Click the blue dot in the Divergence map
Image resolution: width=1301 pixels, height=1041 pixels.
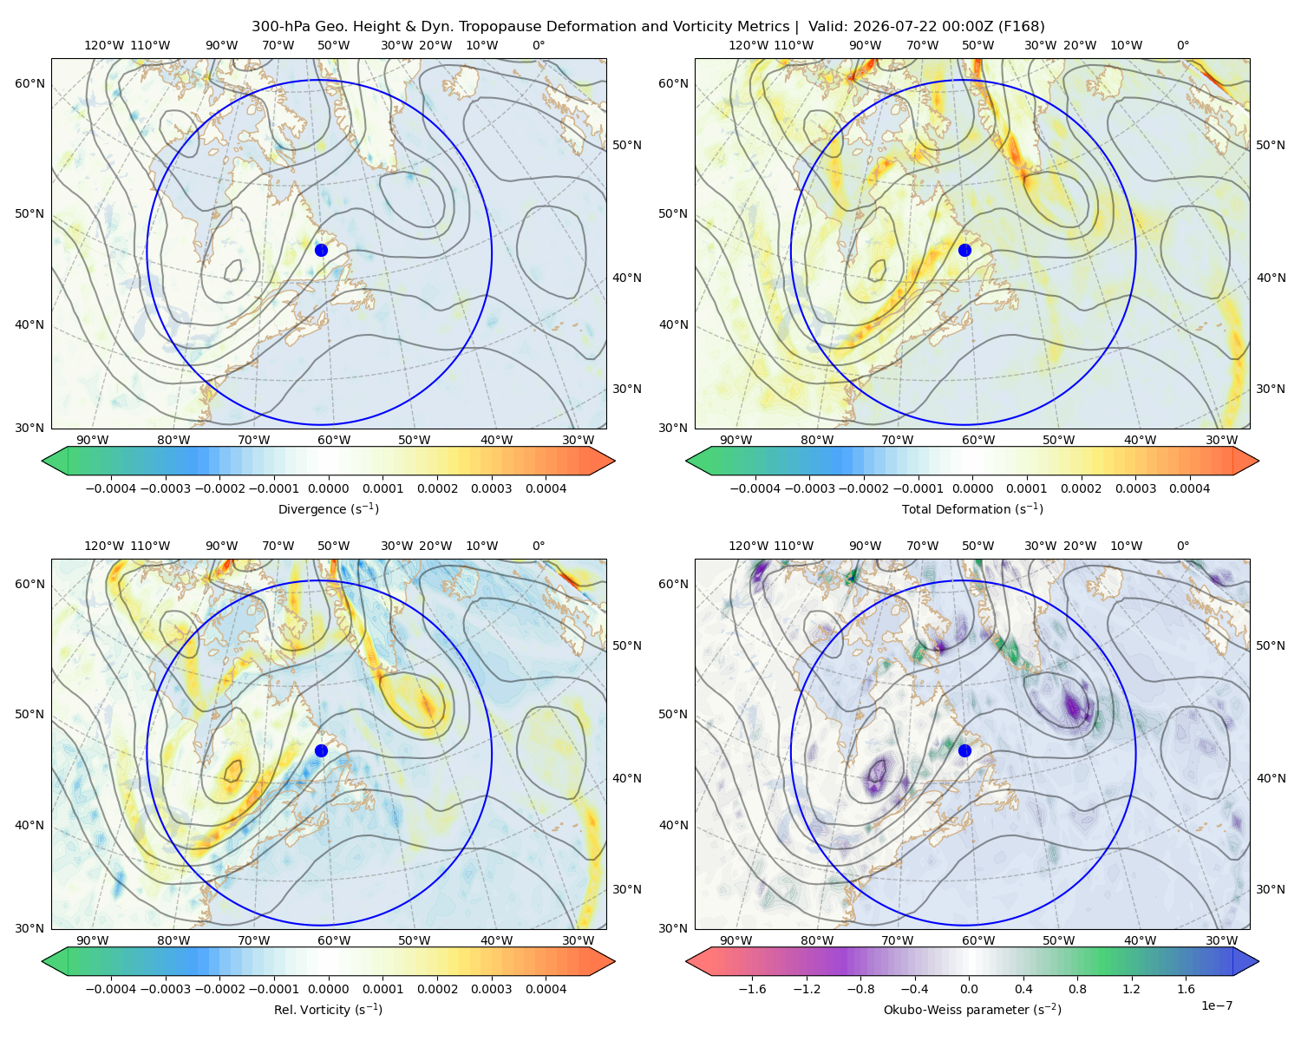321,250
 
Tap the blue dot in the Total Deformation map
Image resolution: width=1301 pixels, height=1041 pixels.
964,250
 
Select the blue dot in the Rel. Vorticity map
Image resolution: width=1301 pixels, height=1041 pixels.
321,750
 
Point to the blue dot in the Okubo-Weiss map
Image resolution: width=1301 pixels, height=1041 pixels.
964,750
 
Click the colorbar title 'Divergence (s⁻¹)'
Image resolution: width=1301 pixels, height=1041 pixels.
328,508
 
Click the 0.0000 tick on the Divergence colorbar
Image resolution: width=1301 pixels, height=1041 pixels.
328,488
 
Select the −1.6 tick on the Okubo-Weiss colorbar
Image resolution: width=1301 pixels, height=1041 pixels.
752,989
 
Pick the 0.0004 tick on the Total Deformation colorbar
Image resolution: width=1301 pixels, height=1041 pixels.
1190,488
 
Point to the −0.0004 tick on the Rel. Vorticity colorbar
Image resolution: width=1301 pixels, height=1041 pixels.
111,989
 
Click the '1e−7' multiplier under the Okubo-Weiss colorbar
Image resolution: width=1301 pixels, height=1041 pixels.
1216,1005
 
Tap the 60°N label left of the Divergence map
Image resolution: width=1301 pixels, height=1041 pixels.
29,83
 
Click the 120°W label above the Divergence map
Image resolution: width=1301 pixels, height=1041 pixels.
104,45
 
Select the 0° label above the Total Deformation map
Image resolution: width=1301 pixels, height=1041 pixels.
1182,45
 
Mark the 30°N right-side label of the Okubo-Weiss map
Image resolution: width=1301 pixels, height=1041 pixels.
1270,889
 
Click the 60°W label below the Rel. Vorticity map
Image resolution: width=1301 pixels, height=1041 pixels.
334,940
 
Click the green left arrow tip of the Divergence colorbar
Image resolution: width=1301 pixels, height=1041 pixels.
42,461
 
